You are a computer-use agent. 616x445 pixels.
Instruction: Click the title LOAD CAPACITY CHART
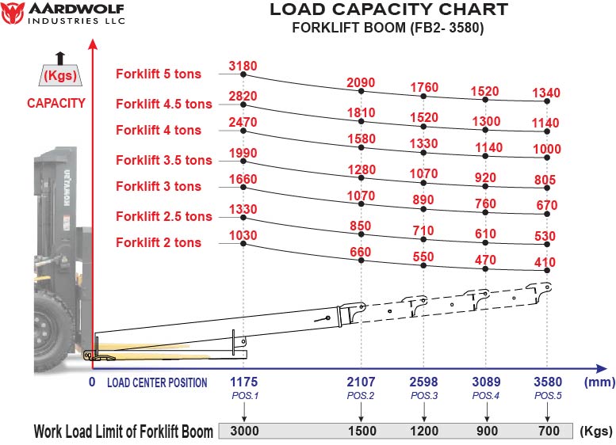pos(388,10)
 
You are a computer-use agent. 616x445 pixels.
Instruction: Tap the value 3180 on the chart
pos(243,64)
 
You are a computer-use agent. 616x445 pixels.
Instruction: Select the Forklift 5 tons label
pos(159,74)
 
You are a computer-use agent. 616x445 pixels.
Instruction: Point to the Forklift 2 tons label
pos(159,242)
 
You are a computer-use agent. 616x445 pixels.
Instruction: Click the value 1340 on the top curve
pos(547,93)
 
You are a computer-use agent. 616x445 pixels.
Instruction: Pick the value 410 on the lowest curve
pos(545,262)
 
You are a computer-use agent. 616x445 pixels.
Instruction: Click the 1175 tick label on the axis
pos(244,382)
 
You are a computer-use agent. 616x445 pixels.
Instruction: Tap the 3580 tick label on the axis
pos(547,382)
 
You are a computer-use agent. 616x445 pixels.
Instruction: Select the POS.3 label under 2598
pos(424,395)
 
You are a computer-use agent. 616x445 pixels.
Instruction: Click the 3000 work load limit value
pos(244,432)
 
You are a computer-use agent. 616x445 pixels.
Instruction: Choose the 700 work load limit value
pos(547,432)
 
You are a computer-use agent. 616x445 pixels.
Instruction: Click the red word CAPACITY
pos(55,103)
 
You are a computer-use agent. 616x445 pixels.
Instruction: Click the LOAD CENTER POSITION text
pos(157,382)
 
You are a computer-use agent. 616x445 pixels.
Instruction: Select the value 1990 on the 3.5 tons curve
pos(243,153)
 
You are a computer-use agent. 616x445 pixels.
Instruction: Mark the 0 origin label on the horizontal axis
pos(91,382)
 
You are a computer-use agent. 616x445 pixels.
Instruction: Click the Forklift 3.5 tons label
pos(164,160)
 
